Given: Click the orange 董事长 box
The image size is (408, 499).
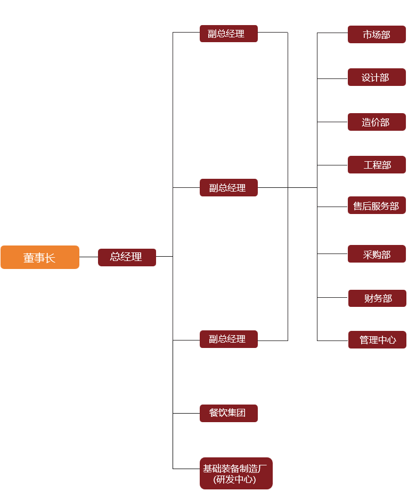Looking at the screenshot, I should click(x=40, y=257).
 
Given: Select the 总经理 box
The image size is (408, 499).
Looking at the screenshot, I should click(x=127, y=257).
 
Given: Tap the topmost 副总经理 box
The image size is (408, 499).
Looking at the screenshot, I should click(x=229, y=34).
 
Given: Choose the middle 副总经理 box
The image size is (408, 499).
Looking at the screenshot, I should click(x=229, y=187).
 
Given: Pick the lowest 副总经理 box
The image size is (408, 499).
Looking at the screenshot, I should click(x=229, y=339).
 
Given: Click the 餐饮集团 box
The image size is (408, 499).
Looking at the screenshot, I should click(x=229, y=413).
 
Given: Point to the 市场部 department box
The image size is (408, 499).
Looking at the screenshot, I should click(x=377, y=34).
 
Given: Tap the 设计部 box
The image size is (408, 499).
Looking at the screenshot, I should click(x=377, y=77).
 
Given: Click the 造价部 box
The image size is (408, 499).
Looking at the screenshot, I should click(x=377, y=122).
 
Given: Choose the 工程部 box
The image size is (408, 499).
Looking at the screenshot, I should click(x=377, y=165).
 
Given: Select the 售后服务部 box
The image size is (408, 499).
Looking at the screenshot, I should click(x=377, y=205).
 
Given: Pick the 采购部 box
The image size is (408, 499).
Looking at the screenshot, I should click(x=377, y=254).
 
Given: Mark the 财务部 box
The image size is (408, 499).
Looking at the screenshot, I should click(x=377, y=298).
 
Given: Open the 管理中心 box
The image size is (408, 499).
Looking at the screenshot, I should click(x=377, y=339).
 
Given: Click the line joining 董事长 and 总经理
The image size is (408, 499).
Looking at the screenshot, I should click(x=88, y=257).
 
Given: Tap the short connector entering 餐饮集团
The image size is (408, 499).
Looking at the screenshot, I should click(x=186, y=413).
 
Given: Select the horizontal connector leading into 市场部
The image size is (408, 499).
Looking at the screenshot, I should click(x=332, y=33).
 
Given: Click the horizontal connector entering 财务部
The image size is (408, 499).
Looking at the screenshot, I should click(x=332, y=297).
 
